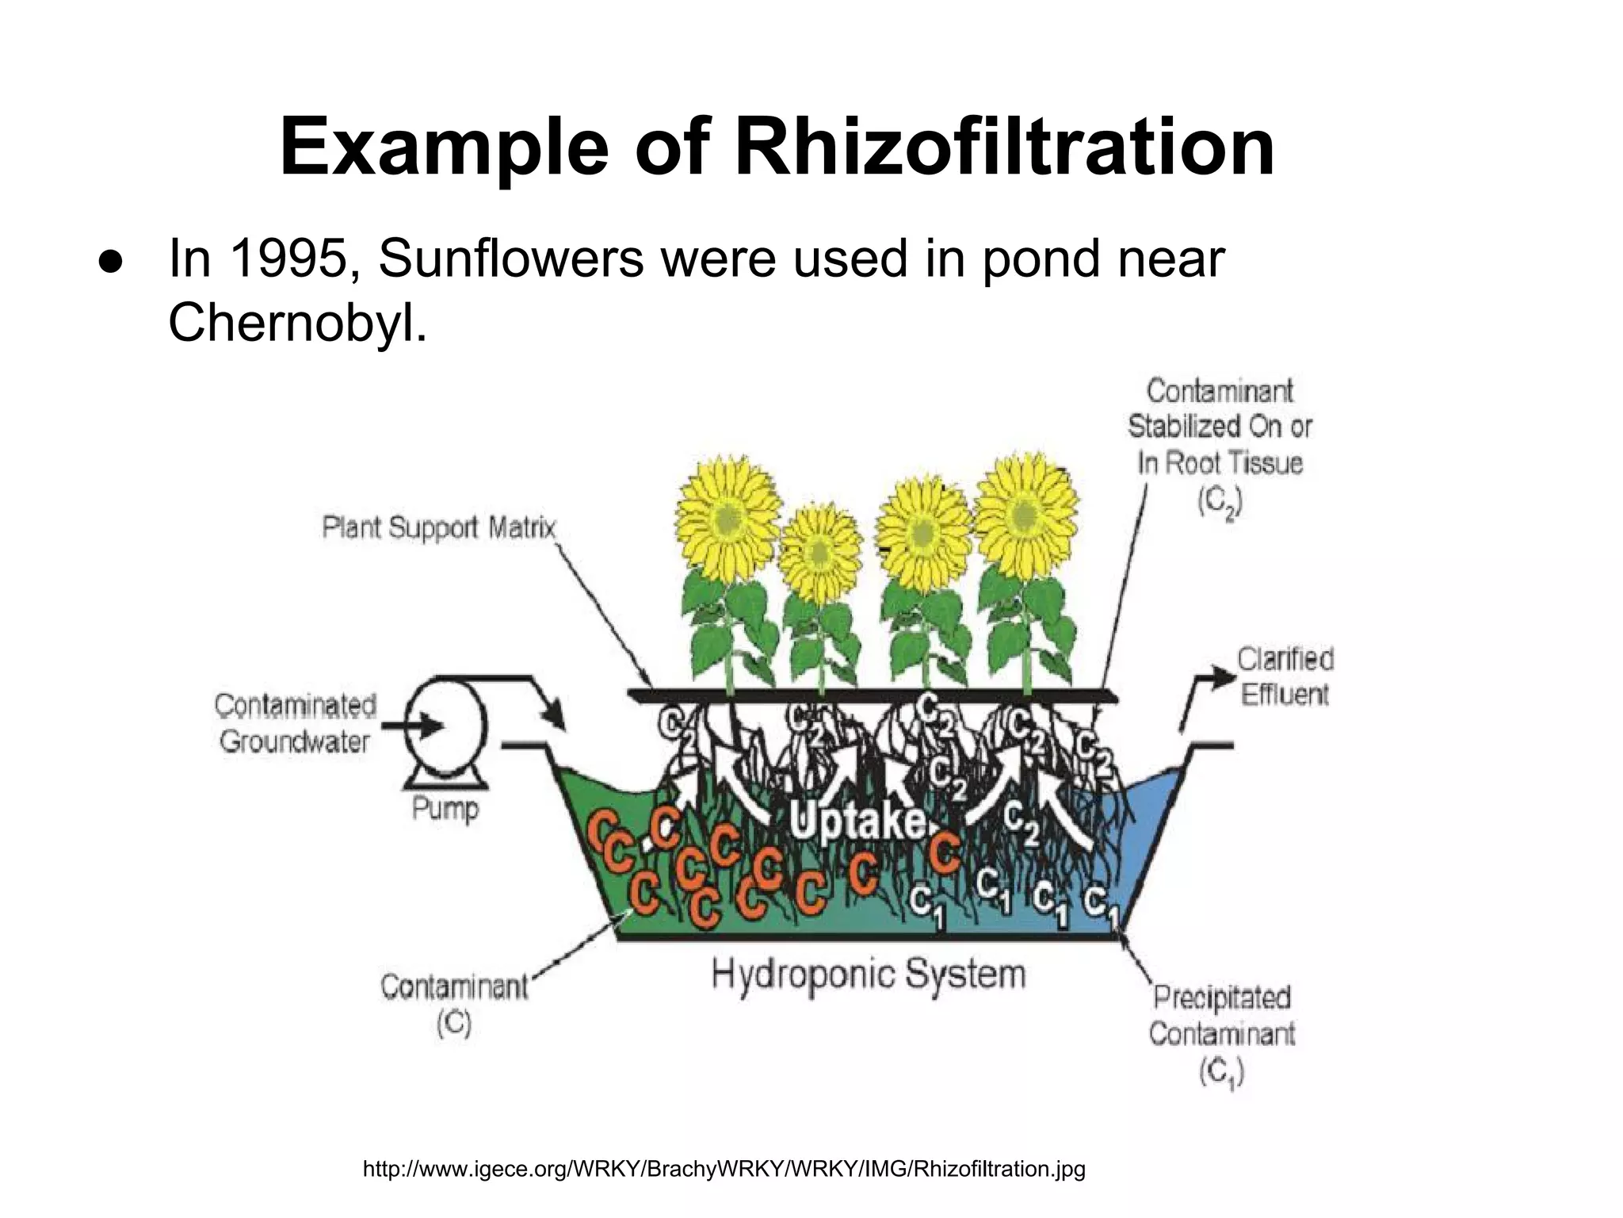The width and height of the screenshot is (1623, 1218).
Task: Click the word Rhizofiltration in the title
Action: point(1004,148)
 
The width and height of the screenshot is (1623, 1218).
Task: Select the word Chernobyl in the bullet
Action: point(297,322)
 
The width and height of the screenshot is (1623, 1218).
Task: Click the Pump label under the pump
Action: point(445,810)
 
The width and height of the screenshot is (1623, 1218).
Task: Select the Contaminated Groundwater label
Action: point(296,723)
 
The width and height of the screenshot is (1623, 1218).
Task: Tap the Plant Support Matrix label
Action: point(438,528)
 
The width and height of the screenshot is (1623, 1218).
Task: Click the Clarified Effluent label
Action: point(1285,676)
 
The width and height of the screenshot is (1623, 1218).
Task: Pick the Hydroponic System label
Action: point(869,974)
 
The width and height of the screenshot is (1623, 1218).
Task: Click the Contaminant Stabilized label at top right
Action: point(1220,445)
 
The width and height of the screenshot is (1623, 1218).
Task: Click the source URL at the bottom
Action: point(724,1169)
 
